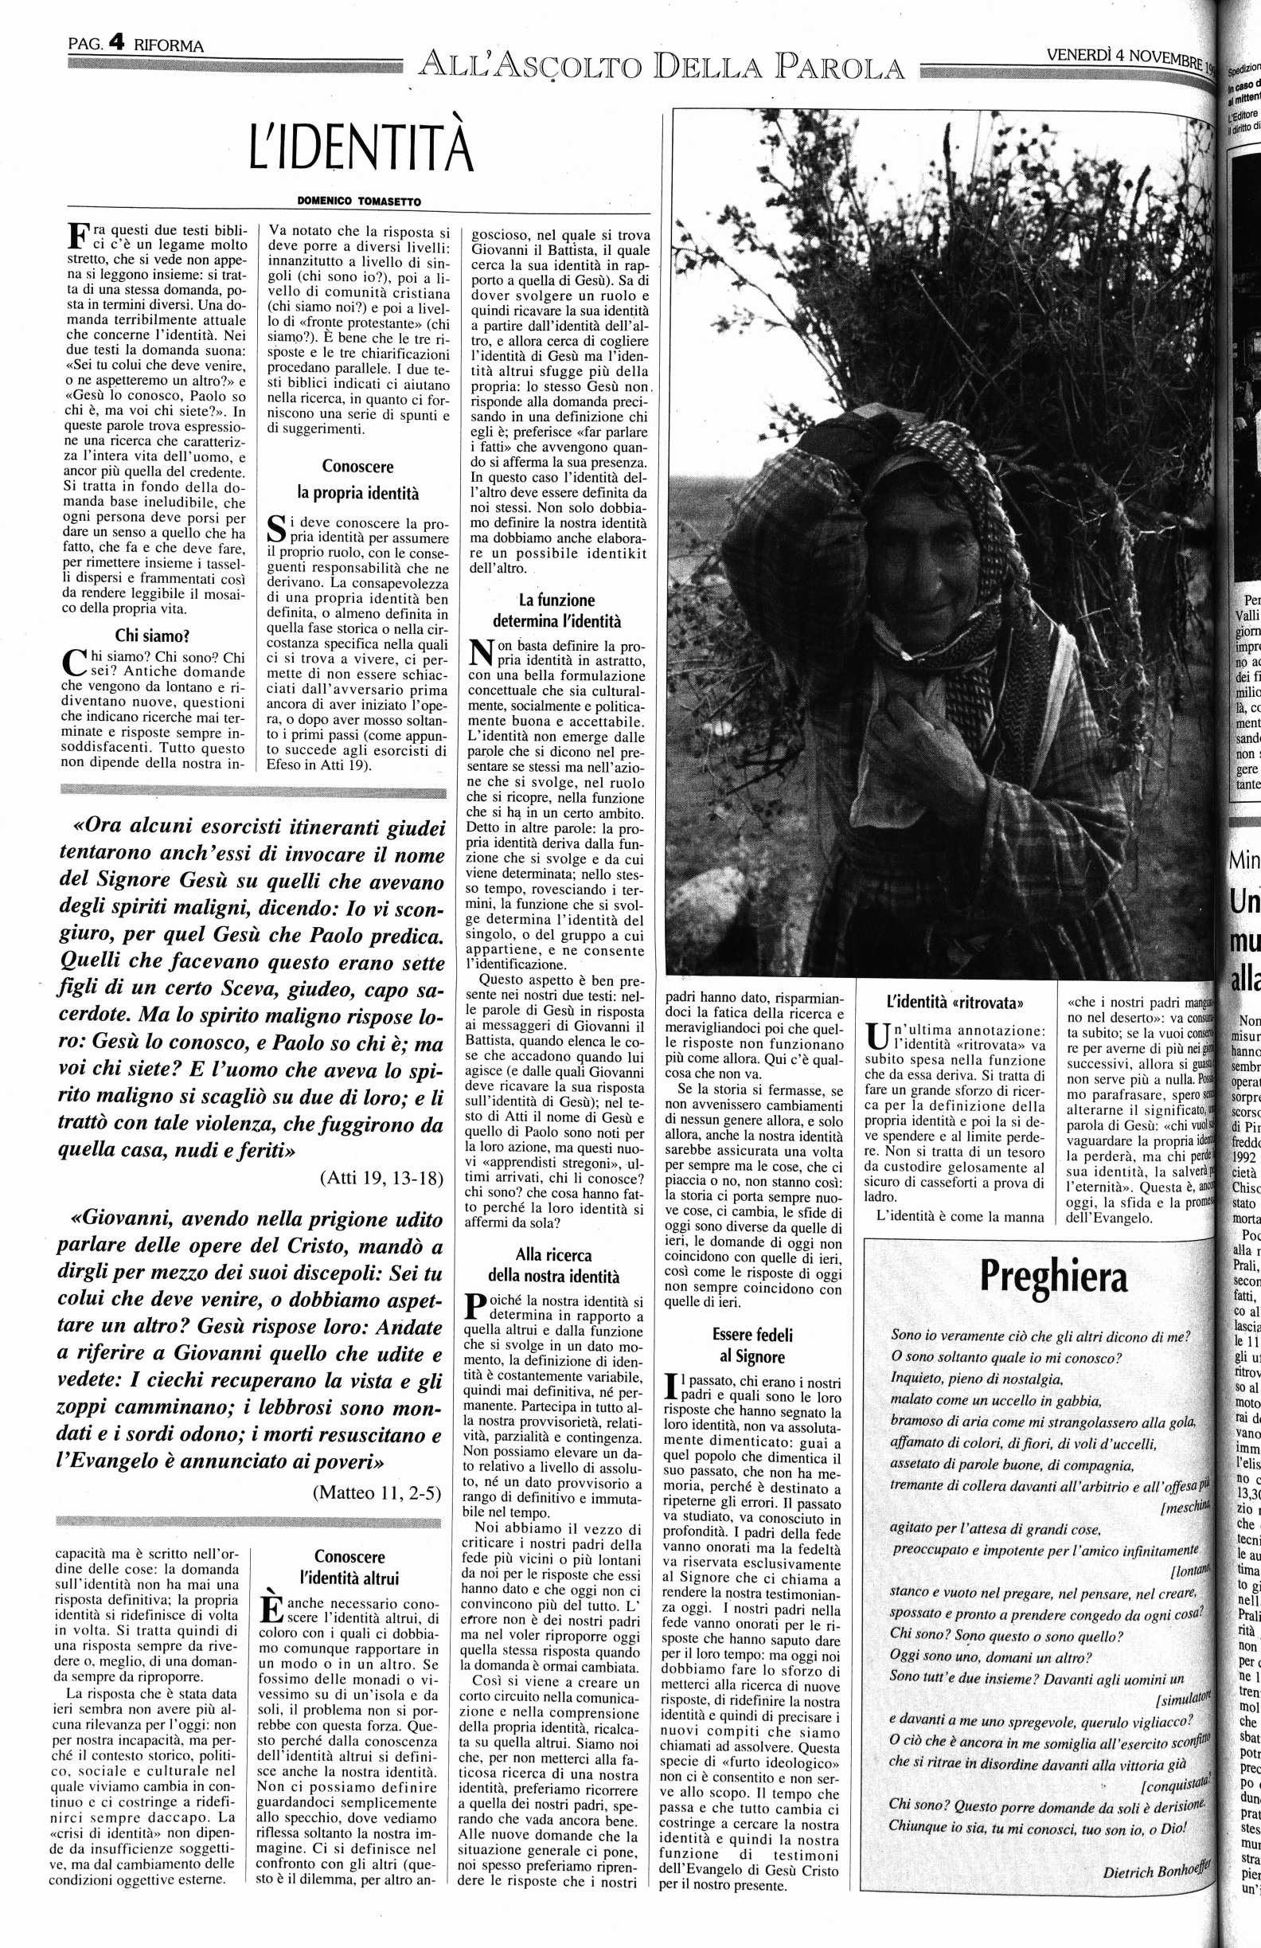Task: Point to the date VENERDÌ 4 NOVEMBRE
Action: click(1125, 56)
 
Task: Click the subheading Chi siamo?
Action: click(153, 636)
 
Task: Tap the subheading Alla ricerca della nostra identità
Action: click(554, 1265)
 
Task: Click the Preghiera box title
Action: click(1053, 1276)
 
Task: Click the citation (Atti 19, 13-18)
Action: click(381, 1178)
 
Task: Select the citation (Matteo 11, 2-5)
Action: click(377, 1492)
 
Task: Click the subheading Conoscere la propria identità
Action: click(357, 479)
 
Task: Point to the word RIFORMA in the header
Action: click(169, 46)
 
